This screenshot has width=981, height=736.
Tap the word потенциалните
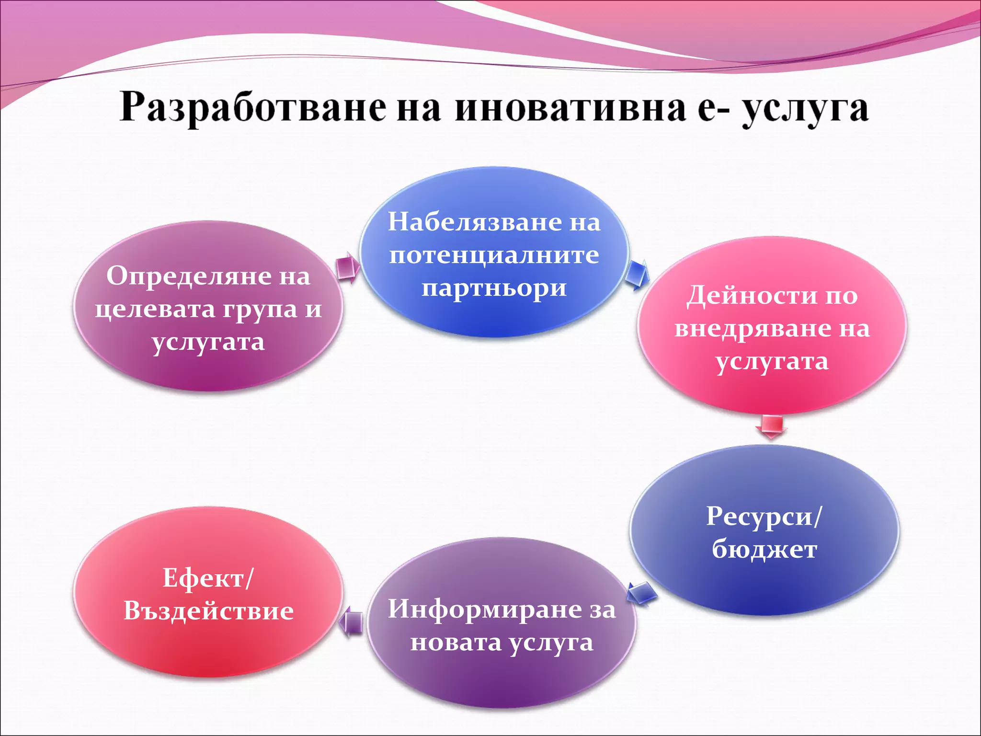point(494,254)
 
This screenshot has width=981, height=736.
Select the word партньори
point(494,288)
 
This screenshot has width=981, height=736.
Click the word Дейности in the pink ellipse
point(752,296)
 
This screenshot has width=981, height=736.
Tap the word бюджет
point(764,550)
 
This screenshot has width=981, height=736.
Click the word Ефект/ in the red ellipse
point(208,578)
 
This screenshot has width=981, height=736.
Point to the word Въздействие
point(208,611)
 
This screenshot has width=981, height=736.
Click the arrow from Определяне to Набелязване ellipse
point(348,268)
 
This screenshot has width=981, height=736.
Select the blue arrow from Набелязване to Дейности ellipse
point(637,275)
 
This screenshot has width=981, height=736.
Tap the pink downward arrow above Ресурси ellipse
point(771,426)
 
